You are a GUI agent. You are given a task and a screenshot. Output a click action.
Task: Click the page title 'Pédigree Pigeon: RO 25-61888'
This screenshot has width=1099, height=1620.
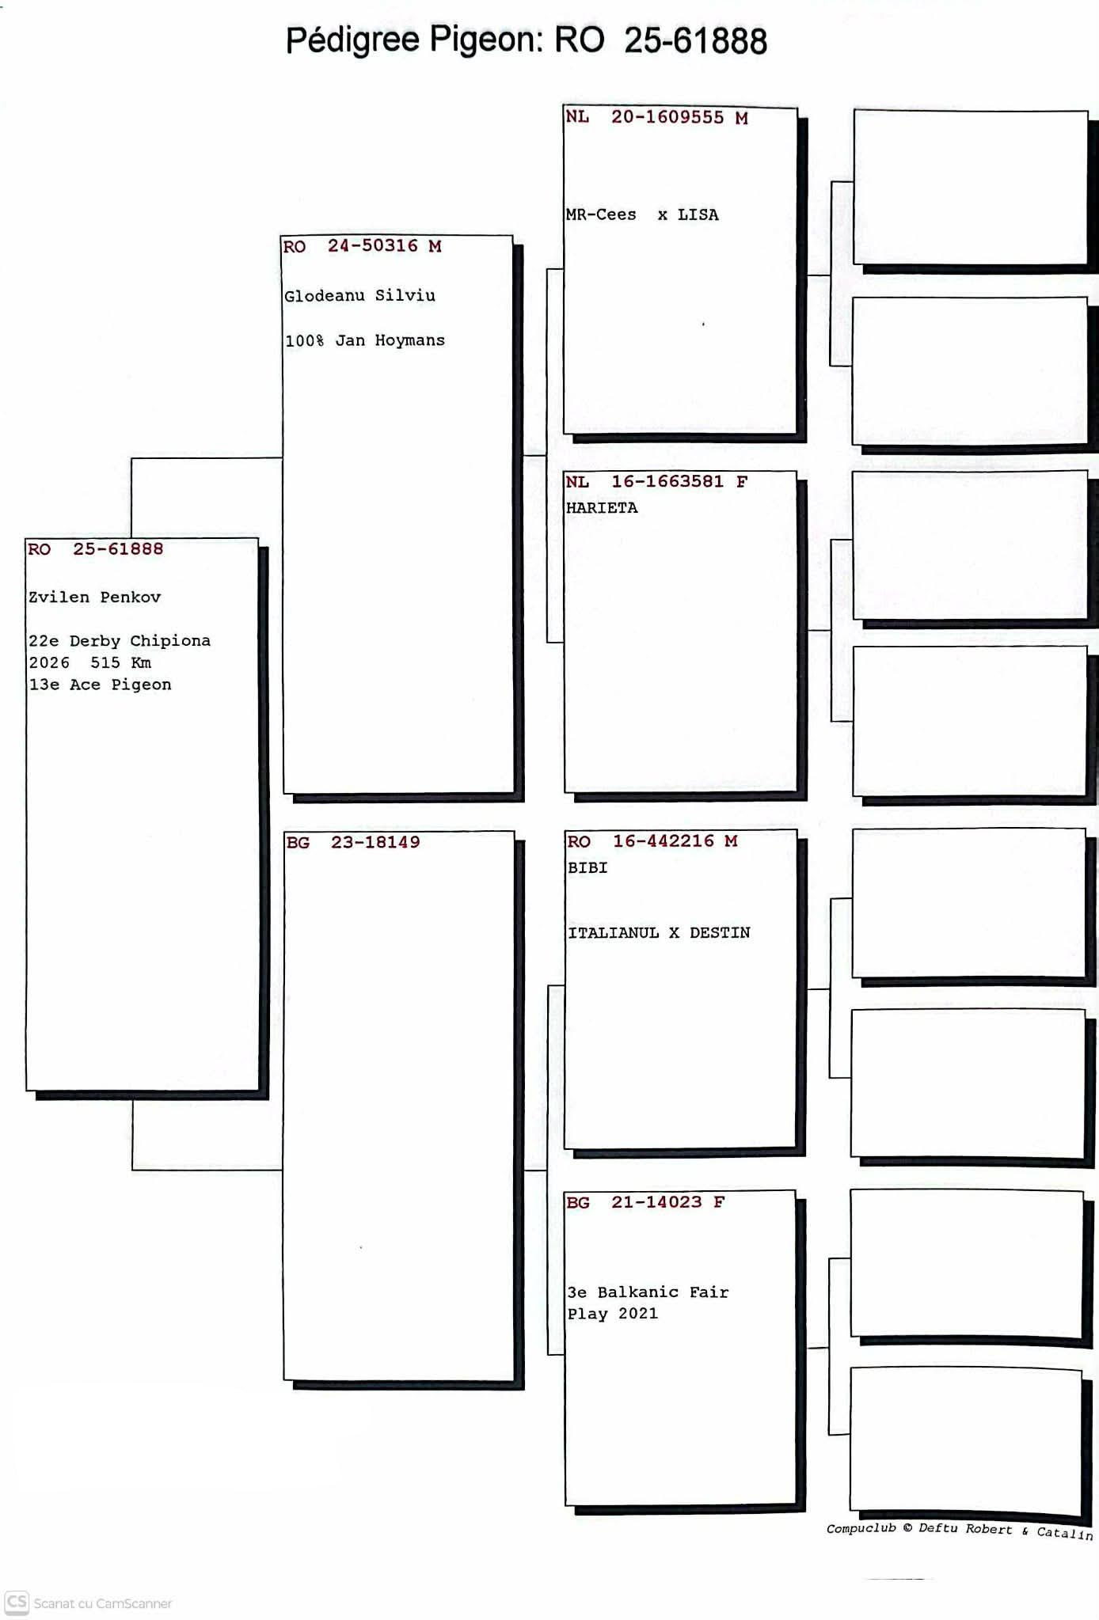click(527, 40)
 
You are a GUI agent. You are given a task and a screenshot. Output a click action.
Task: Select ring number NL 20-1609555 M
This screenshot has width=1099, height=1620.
click(656, 118)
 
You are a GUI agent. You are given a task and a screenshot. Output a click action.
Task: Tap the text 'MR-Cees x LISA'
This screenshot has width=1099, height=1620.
click(642, 214)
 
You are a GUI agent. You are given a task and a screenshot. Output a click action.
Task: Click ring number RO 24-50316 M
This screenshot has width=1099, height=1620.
click(362, 246)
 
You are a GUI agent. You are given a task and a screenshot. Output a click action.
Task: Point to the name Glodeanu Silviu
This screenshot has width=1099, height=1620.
click(359, 296)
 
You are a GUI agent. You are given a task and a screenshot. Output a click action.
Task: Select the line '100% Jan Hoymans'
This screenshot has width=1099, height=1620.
click(364, 340)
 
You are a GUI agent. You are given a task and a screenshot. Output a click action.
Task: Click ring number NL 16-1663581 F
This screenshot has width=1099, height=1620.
click(656, 481)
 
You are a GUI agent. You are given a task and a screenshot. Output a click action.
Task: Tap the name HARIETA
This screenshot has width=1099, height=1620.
click(602, 507)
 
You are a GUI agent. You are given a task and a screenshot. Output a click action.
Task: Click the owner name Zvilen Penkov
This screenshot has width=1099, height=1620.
click(95, 598)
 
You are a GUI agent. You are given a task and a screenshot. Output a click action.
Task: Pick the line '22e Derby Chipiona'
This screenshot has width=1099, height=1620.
click(120, 641)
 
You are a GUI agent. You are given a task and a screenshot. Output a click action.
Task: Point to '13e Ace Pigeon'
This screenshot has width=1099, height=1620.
click(100, 685)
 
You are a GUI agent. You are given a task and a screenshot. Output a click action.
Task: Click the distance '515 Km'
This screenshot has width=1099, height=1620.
click(120, 662)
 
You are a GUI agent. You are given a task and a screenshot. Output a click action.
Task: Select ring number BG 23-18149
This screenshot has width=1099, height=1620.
click(353, 842)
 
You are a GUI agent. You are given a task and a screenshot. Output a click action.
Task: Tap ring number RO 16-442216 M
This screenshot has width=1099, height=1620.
click(652, 841)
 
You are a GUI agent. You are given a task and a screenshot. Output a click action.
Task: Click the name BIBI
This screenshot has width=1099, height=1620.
click(588, 867)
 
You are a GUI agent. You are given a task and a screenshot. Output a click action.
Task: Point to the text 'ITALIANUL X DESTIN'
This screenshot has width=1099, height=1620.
click(659, 933)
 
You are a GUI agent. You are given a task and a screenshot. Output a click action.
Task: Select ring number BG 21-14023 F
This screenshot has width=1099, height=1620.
click(645, 1202)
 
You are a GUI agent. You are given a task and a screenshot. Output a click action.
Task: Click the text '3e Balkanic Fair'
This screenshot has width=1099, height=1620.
click(648, 1292)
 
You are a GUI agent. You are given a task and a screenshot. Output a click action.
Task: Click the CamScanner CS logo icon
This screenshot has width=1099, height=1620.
click(17, 1603)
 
